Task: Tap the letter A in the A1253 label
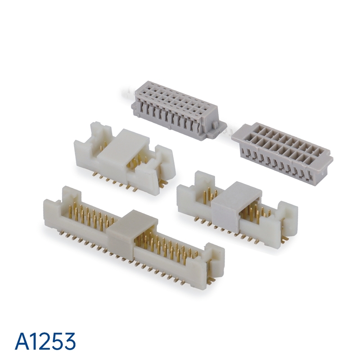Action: click(x=22, y=341)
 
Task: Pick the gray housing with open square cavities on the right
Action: click(x=282, y=153)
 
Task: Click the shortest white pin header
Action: click(x=125, y=157)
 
